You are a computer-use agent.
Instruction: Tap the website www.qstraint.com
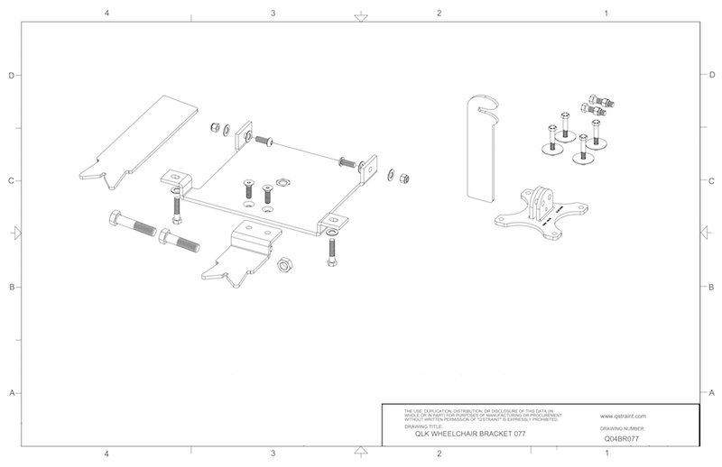[620, 417]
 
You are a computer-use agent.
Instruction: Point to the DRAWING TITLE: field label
[424, 425]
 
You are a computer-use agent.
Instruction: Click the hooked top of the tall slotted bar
[484, 104]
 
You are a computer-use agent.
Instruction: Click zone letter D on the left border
[11, 76]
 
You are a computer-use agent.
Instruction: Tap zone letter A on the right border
[712, 394]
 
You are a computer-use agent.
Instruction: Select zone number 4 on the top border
[106, 14]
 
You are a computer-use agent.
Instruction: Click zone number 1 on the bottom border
[606, 453]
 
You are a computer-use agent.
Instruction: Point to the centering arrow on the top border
[360, 16]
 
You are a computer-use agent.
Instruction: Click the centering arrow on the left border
[14, 233]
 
